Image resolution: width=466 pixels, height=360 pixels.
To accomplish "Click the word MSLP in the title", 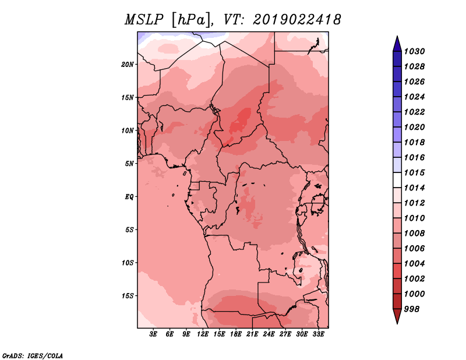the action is click(143, 20).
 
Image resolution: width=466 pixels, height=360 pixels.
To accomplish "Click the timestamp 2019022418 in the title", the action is click(297, 20).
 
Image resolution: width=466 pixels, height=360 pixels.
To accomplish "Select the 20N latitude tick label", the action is click(128, 65).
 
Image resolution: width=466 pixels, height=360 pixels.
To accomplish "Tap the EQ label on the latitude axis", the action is click(129, 197).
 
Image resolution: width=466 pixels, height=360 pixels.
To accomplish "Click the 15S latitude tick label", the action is click(128, 296).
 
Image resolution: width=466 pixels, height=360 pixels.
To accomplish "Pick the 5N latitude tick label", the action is click(129, 164).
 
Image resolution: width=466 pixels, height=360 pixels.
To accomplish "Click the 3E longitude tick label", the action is click(153, 334).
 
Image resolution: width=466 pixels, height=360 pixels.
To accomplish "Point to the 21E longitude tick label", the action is click(252, 334).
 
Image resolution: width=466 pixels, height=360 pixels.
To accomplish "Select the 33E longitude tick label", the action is click(318, 334).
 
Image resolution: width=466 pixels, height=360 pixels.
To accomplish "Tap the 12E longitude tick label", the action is click(203, 334).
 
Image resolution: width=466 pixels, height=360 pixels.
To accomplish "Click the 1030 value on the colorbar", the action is click(415, 51).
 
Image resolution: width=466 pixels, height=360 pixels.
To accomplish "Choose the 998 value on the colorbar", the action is click(412, 309).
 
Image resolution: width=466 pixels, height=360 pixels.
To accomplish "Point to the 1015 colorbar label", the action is click(415, 172).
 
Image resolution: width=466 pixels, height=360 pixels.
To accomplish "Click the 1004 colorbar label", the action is click(415, 264).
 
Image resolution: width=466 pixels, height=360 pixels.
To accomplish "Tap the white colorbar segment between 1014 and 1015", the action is click(397, 180).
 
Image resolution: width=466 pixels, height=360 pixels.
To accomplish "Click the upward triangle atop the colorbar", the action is click(397, 44).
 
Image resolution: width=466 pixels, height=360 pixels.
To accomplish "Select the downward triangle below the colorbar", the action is click(397, 316).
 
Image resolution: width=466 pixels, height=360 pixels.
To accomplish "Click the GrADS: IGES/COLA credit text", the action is click(33, 356).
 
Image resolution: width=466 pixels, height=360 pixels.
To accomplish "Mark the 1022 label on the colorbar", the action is click(415, 112).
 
